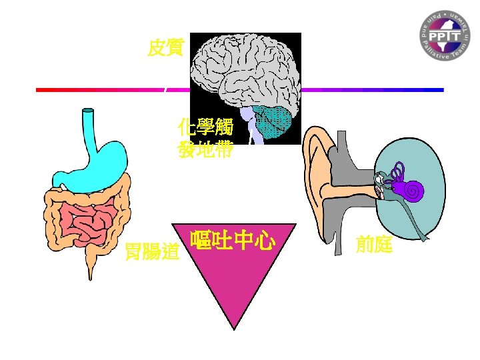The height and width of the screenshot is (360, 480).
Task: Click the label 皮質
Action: tap(165, 49)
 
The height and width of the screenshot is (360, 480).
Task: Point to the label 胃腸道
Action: tap(153, 252)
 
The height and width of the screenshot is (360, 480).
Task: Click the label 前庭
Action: tap(374, 245)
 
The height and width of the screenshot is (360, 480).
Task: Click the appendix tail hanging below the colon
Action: tap(89, 267)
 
